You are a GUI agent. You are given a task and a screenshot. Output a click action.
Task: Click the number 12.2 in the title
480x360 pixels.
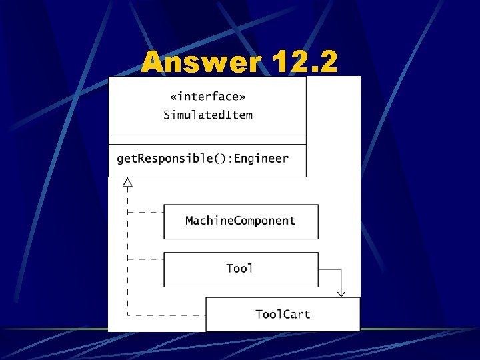(304, 63)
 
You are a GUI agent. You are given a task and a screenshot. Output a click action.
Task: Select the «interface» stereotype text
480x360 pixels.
(207, 97)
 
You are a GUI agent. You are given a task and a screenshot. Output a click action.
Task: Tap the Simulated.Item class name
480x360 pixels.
(208, 115)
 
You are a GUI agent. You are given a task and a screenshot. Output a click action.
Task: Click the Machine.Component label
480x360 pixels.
(240, 221)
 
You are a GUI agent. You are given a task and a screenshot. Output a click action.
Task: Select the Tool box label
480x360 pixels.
(239, 269)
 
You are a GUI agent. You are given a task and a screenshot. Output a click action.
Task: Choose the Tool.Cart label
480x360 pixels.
(283, 314)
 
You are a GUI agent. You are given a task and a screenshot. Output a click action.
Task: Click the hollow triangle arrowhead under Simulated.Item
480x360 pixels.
(128, 182)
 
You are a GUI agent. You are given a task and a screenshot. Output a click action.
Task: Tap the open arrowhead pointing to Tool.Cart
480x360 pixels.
(341, 293)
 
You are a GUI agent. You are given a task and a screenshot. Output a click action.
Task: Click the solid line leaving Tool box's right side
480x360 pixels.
(330, 269)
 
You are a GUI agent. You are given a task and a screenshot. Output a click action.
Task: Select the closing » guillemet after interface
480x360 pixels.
(251, 97)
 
